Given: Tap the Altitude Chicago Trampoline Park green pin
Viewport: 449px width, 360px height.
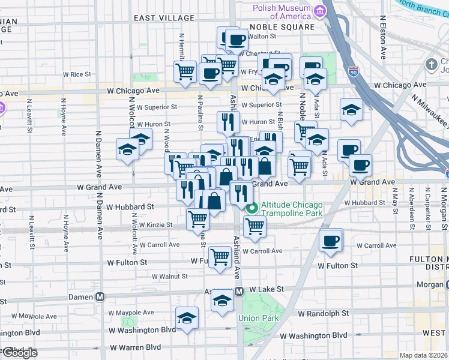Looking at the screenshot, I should coord(253,208).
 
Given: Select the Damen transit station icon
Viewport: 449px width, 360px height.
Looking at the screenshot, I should coord(100,297).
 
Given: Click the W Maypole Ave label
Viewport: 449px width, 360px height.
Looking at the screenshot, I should coord(131,313).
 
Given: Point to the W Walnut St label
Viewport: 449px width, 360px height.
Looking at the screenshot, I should coord(169,277).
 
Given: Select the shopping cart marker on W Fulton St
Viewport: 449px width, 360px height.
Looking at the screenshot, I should coord(220,256).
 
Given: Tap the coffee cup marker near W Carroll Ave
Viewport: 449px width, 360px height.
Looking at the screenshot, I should coord(330,241).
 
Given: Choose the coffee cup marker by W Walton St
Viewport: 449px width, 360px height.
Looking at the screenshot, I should coord(236,40).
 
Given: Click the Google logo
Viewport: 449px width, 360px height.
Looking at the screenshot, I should coord(19,353).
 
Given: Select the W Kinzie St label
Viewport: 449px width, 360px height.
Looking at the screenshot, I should coord(155,225).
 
